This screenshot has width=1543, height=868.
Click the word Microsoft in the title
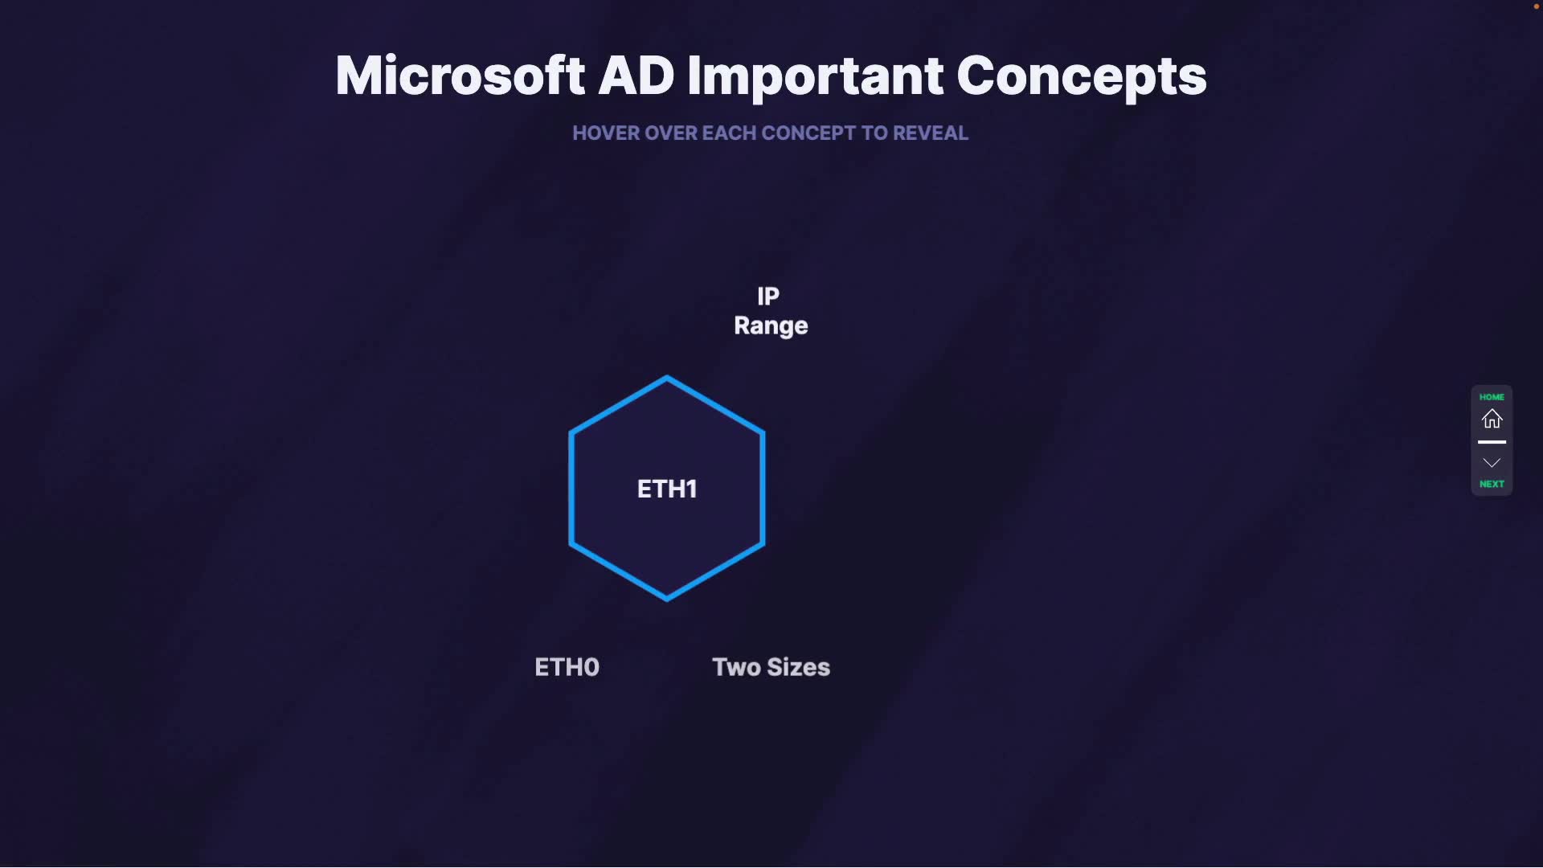coord(460,76)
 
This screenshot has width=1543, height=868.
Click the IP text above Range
coord(768,297)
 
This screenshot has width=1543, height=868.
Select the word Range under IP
coord(771,326)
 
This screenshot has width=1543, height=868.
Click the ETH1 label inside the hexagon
coord(667,489)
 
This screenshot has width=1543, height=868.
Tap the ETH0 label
coord(567,667)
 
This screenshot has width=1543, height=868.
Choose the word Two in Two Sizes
coord(736,667)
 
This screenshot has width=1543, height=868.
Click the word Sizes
coord(799,667)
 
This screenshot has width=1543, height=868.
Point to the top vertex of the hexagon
coord(667,377)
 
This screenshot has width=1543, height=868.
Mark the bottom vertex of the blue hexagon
coord(667,600)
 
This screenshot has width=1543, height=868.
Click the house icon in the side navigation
coord(1492,419)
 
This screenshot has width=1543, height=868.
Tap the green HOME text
coord(1492,397)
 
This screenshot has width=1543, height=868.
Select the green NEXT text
coord(1492,484)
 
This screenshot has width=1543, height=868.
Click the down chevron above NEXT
coord(1492,463)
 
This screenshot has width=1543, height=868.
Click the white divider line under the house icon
coord(1492,442)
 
